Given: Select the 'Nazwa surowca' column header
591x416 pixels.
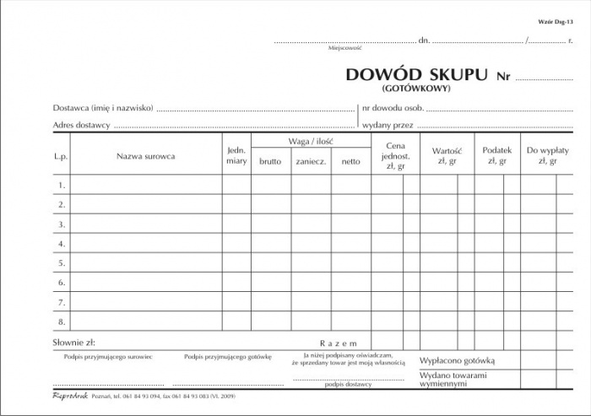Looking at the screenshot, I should point(146,155).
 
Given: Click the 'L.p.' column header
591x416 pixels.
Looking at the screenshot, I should point(61,155).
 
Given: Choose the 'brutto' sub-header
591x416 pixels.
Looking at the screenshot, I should point(271,161).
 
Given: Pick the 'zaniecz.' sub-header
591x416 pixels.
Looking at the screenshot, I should point(312,161).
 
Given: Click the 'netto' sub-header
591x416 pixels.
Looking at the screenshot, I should point(350,161).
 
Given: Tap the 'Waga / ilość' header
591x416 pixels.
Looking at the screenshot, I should point(311,140).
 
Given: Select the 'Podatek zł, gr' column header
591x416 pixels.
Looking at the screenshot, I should point(496,155).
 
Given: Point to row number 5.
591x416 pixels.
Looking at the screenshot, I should point(62,262).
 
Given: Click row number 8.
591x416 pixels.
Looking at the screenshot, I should point(62,321).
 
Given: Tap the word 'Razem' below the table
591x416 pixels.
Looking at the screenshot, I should point(339,343).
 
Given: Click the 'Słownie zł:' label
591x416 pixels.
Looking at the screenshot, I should point(73,343).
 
